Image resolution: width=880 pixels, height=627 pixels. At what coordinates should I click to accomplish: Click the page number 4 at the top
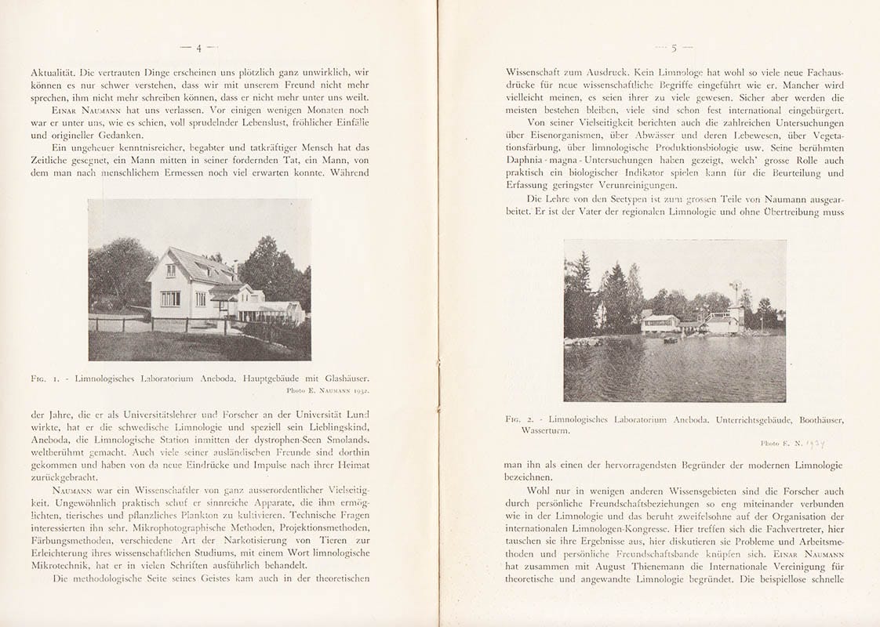pyautogui.click(x=198, y=48)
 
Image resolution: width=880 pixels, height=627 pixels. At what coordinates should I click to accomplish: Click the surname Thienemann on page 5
pyautogui.click(x=649, y=567)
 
